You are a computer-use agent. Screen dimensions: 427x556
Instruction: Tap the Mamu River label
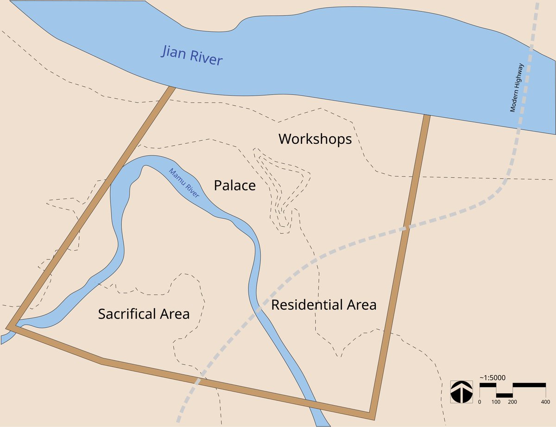tap(184, 183)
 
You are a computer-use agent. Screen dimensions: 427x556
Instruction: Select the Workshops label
tap(315, 139)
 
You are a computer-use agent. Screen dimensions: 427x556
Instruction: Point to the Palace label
tap(234, 185)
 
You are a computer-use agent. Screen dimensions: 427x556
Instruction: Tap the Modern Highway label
tap(516, 88)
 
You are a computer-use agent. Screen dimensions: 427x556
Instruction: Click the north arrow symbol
tap(461, 392)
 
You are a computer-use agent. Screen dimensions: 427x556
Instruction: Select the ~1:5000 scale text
tap(492, 377)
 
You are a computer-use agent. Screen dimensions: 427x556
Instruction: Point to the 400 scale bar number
tap(545, 402)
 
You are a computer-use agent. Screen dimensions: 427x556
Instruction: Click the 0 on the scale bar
tap(480, 402)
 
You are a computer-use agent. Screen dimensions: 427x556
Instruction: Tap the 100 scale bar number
tap(496, 402)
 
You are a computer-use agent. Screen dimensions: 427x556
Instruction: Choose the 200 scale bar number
tap(512, 402)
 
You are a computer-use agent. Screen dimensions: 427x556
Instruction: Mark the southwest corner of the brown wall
tap(9, 327)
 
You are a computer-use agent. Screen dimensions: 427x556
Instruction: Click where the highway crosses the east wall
tap(405, 227)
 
